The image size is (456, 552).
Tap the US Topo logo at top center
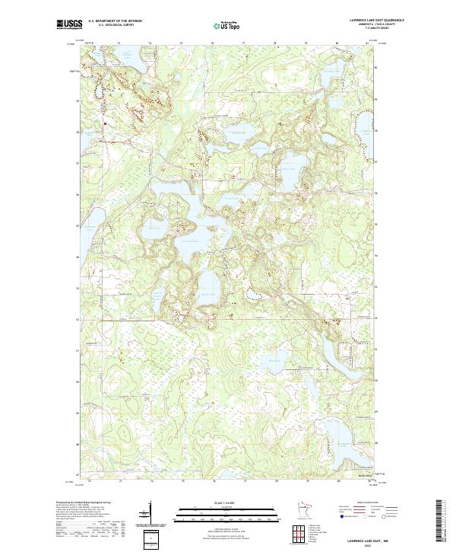point(227,25)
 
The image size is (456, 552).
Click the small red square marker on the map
point(105,122)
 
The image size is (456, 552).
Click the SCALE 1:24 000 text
point(228,503)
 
